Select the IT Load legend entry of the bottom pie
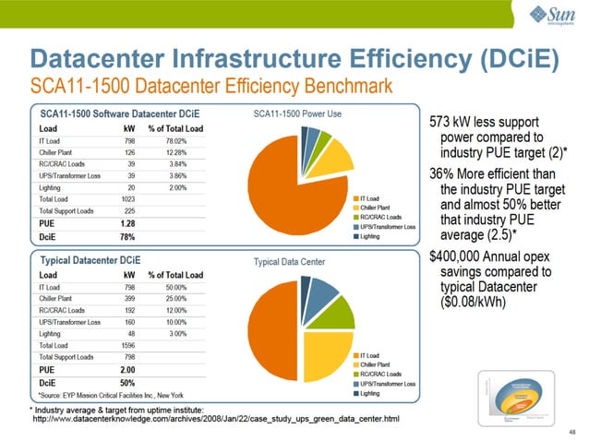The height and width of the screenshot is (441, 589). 372,353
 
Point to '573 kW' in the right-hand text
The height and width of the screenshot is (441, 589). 457,122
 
